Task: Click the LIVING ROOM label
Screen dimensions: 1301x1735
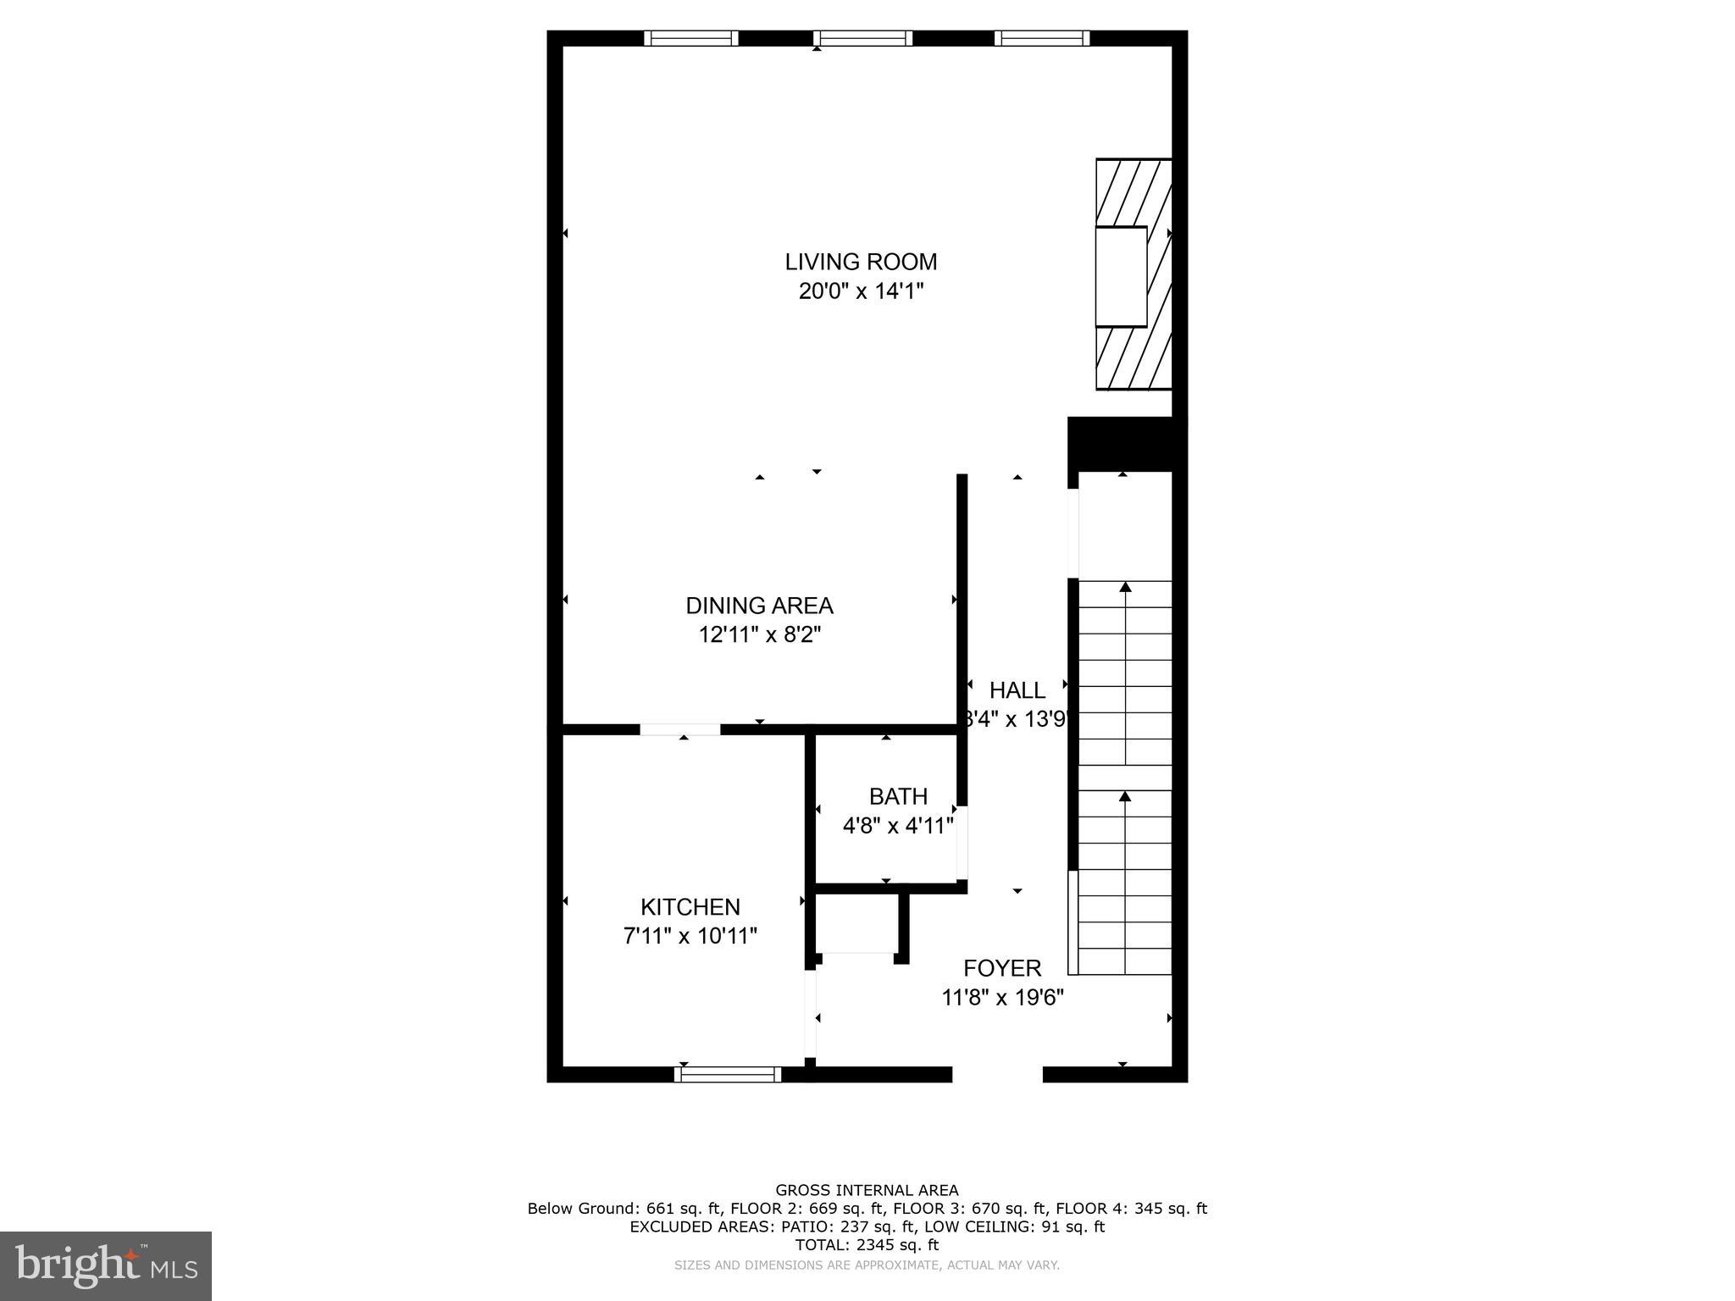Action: (x=861, y=262)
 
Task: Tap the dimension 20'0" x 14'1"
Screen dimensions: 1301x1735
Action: (x=861, y=291)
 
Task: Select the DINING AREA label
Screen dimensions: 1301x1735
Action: (x=759, y=606)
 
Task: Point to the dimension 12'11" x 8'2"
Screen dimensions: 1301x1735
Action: (x=760, y=634)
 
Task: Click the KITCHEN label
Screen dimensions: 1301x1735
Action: (x=690, y=907)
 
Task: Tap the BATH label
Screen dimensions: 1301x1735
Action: (x=898, y=796)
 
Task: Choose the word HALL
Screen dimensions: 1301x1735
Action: (x=1017, y=690)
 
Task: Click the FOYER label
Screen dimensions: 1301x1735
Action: (x=1002, y=968)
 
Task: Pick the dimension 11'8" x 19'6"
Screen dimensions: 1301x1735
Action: (x=1002, y=998)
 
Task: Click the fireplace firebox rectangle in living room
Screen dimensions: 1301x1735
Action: (x=1121, y=276)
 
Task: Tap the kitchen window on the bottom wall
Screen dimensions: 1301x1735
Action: (x=728, y=1074)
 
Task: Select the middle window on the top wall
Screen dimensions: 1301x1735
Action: (x=863, y=38)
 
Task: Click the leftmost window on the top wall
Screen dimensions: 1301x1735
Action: (x=691, y=38)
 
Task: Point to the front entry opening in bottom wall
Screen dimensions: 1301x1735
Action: (x=997, y=1074)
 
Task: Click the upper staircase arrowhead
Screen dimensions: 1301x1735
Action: (x=1125, y=587)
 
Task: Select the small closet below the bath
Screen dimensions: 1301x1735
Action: (x=860, y=923)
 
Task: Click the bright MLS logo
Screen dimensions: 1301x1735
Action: (x=106, y=1265)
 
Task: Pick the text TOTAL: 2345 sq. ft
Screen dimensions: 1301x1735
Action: (x=867, y=1245)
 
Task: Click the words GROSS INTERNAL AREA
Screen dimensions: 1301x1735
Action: (x=867, y=1190)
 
